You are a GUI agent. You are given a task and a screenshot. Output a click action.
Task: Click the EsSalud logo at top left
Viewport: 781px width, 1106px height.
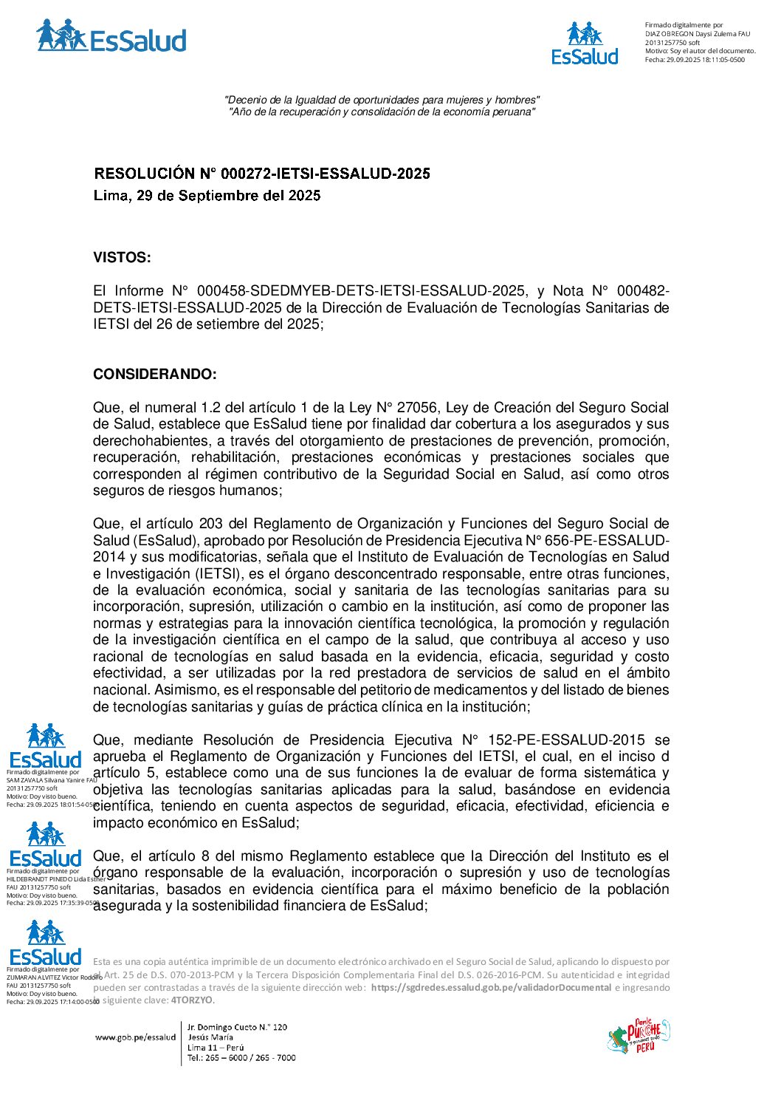pyautogui.click(x=111, y=37)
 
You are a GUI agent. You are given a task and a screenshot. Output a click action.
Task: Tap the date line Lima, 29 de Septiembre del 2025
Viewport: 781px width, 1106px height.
pyautogui.click(x=207, y=196)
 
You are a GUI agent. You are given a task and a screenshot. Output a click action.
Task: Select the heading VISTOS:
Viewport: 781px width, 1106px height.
pyautogui.click(x=122, y=258)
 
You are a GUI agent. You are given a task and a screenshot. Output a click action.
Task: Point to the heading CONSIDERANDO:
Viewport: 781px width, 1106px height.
pyautogui.click(x=155, y=375)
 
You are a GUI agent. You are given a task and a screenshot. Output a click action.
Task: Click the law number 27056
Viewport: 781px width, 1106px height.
pyautogui.click(x=419, y=408)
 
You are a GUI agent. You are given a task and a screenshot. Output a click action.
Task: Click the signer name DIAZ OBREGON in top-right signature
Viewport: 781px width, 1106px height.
pyautogui.click(x=669, y=34)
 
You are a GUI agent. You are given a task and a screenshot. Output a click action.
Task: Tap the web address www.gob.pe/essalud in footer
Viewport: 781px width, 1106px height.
pyautogui.click(x=135, y=1037)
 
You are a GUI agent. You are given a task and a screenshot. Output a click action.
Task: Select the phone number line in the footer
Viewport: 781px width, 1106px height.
pyautogui.click(x=241, y=1058)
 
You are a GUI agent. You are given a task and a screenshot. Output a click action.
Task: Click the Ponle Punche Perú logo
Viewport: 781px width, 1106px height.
pyautogui.click(x=638, y=1036)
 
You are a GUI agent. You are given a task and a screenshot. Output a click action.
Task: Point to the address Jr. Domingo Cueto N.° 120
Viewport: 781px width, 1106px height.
pyautogui.click(x=237, y=1027)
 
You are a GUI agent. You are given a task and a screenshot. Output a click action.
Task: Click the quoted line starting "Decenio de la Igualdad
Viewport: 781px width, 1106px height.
pyautogui.click(x=382, y=100)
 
